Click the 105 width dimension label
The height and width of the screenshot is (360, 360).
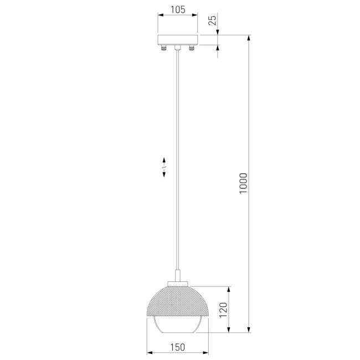(x=178, y=9)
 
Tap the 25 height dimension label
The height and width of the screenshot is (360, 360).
(x=212, y=20)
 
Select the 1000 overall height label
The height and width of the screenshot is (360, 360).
(x=243, y=183)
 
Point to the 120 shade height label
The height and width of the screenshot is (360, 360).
(x=223, y=310)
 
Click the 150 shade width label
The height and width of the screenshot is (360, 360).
(x=177, y=347)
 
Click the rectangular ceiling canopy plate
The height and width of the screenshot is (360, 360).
(x=177, y=40)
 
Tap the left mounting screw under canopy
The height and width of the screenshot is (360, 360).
(x=163, y=48)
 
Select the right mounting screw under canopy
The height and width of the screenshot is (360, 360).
(x=192, y=48)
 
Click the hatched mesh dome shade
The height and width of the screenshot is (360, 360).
(x=177, y=301)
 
